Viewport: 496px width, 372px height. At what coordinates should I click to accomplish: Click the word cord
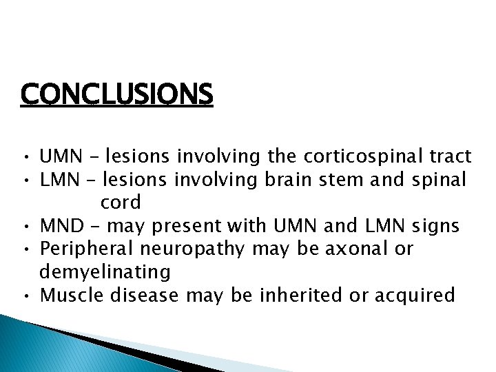[121, 203]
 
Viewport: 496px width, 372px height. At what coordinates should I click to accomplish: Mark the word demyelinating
[105, 273]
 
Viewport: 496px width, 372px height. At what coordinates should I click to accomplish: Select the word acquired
[413, 296]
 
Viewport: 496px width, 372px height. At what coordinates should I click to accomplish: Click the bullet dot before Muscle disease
[25, 297]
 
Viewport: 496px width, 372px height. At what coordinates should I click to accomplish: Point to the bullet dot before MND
[25, 227]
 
